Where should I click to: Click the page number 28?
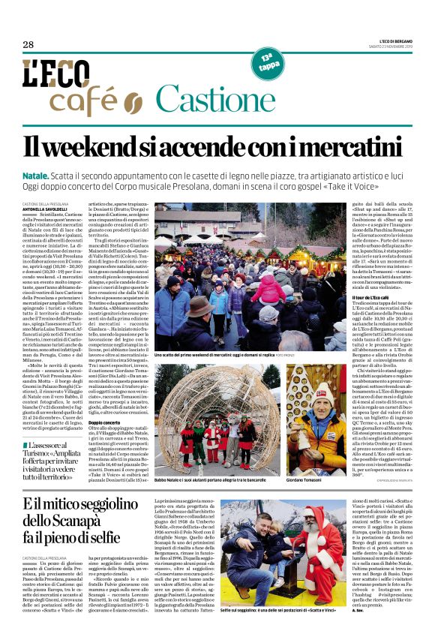[28, 45]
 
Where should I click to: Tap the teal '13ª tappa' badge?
[267, 61]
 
